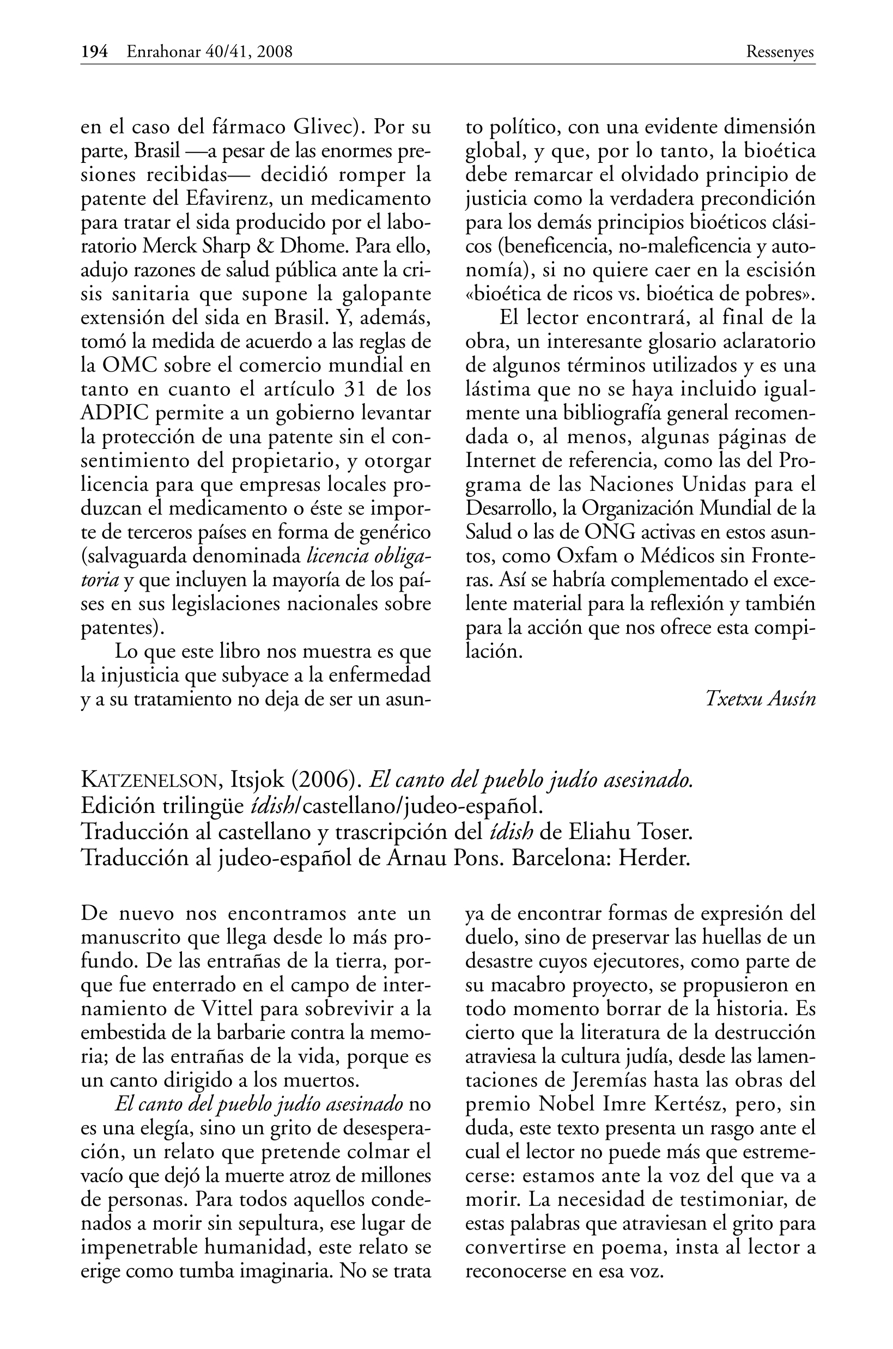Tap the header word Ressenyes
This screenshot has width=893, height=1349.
coord(780,52)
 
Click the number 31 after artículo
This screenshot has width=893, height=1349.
coord(357,390)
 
